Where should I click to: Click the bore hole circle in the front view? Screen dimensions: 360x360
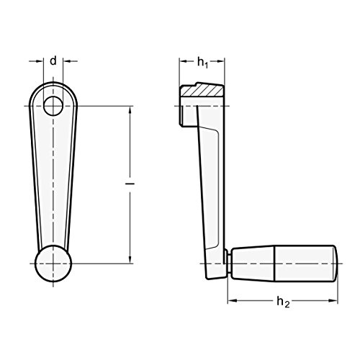click(54, 107)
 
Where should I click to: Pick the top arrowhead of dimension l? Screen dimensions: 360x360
click(130, 110)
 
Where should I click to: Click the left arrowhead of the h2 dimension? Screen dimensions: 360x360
click(231, 297)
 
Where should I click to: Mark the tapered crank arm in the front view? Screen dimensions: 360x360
click(53, 180)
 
